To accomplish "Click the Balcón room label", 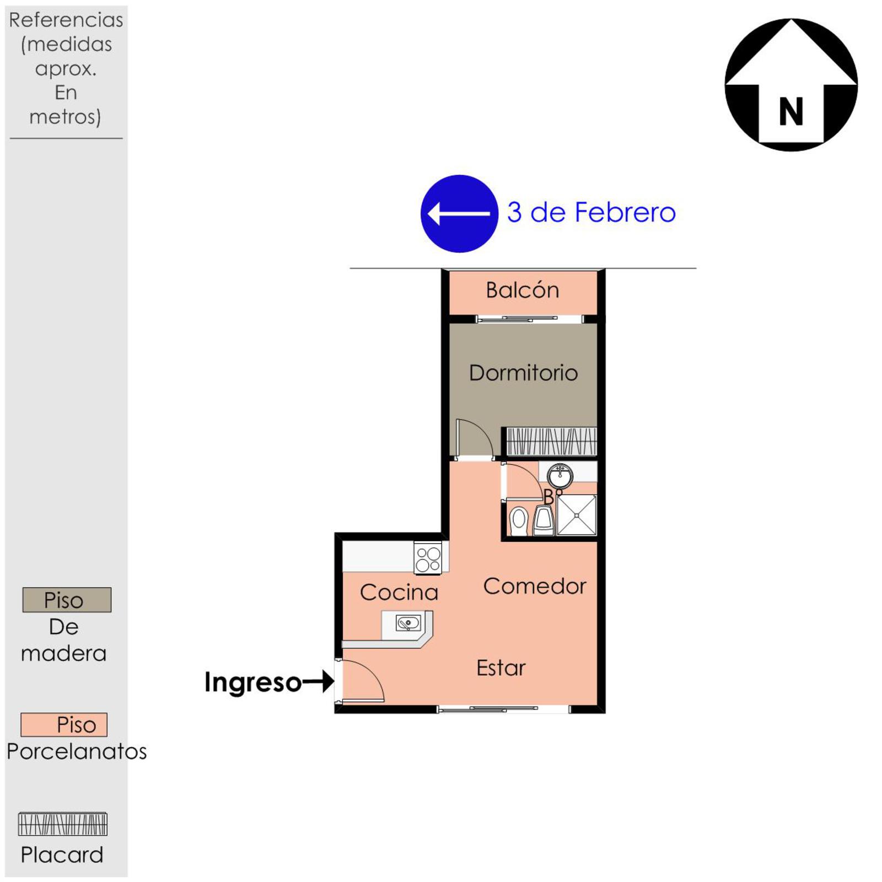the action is [522, 290].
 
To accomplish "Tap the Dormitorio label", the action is [523, 373].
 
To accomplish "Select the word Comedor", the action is [535, 586].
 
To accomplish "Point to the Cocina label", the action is [399, 592].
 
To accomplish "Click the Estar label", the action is [501, 668].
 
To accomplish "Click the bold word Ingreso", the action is [253, 682].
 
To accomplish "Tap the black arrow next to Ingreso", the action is [318, 681].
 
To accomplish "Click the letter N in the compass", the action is [791, 112].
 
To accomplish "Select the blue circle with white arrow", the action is [459, 214].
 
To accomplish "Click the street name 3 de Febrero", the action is [591, 212].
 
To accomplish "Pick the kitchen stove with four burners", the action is [428, 558].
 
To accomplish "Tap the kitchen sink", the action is [408, 623].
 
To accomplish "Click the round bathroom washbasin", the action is [560, 475].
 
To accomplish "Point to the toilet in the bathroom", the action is [519, 521].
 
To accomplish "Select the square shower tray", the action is [577, 515].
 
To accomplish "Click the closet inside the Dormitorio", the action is [551, 441].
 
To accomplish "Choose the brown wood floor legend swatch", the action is [67, 600].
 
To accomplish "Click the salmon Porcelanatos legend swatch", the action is [64, 724].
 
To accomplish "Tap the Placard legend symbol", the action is [63, 824].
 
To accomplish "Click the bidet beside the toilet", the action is [544, 521].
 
